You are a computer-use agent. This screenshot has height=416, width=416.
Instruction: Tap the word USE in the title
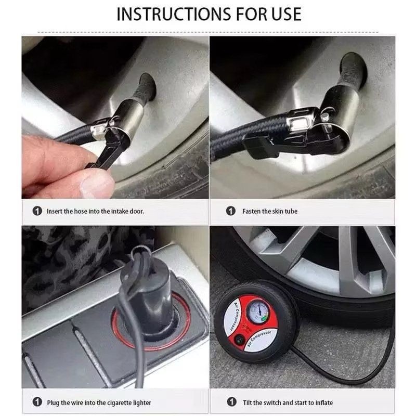283,14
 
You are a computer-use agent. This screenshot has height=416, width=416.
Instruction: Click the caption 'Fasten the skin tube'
270,211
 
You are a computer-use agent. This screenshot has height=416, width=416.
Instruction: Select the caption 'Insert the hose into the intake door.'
95,211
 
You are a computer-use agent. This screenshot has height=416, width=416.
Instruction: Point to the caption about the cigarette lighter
99,402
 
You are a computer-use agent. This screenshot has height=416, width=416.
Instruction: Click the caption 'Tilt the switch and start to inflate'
288,402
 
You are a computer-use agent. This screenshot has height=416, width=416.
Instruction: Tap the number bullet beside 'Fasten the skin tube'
230,211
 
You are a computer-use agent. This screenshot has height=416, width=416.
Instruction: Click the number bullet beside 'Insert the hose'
37,211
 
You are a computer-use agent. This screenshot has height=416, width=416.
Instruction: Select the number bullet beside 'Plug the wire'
37,402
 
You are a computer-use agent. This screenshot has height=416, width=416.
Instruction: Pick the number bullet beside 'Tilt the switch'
230,402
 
